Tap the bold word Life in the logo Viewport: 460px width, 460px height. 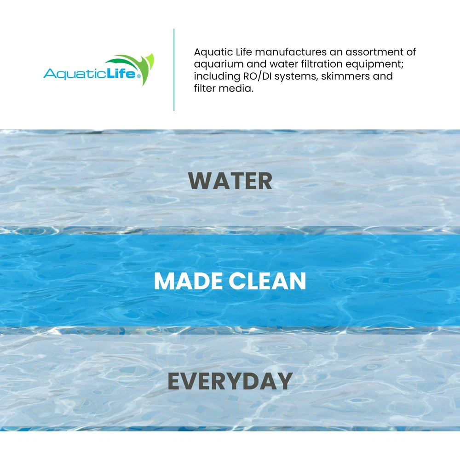click(x=121, y=73)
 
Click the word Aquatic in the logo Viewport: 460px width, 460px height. click(x=75, y=74)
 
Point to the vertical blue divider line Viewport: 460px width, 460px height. click(x=174, y=70)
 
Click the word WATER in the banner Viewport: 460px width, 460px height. click(x=230, y=181)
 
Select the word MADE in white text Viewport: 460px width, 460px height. click(x=188, y=281)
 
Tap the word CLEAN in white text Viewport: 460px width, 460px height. click(x=267, y=281)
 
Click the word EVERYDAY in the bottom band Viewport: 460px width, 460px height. click(x=230, y=381)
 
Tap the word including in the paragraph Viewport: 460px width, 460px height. click(x=217, y=77)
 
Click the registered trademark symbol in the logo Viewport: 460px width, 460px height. click(x=138, y=76)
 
